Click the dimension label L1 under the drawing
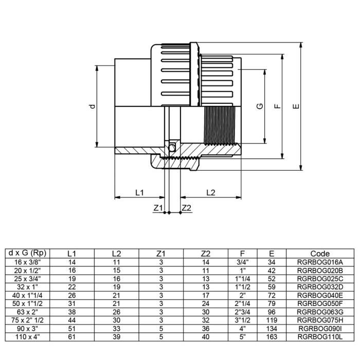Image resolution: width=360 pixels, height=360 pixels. point(139,192)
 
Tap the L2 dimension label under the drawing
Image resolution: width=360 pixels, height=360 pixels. point(210,192)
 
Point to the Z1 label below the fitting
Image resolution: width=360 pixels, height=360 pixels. point(158,208)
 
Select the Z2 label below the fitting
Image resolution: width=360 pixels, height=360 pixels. point(186,208)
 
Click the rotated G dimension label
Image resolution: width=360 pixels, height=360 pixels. point(260,106)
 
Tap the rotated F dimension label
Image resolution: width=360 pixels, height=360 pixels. point(277,106)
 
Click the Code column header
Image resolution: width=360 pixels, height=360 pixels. point(320,254)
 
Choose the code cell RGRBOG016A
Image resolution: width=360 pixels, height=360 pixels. point(320,262)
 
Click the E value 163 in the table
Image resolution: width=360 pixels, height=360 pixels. point(272,336)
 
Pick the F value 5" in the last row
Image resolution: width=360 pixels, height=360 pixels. point(242,336)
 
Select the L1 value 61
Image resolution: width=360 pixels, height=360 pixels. point(72,336)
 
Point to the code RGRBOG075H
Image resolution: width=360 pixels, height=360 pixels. point(320,320)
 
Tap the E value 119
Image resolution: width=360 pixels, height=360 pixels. point(272,320)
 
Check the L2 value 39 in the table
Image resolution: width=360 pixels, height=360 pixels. point(116,336)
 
